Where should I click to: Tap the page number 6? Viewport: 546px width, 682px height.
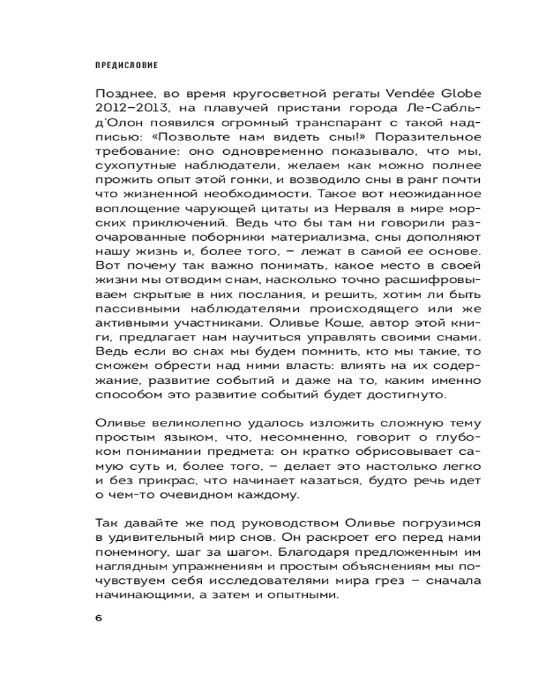[98, 618]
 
